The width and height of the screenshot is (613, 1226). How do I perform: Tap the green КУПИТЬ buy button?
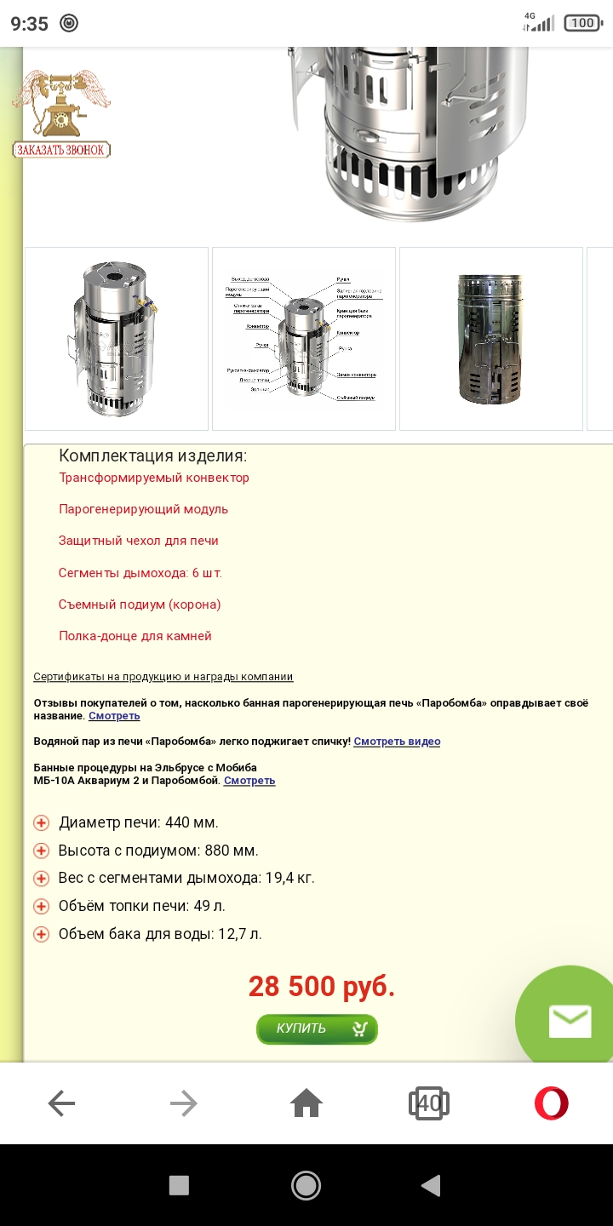coord(317,1028)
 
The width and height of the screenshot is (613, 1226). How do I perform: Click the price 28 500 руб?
coord(322,987)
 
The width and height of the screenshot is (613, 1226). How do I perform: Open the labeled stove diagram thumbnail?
coord(304,339)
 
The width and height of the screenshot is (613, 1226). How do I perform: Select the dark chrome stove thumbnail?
coord(490,339)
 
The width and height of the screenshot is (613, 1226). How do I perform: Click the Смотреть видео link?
coord(397,742)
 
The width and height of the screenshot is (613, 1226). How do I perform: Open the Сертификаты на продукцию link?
coord(163,677)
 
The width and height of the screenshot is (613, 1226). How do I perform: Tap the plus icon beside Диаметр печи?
coord(41,823)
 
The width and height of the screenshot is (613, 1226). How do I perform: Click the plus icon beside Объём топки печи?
coord(41,907)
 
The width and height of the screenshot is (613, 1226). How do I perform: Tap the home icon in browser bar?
coord(306,1104)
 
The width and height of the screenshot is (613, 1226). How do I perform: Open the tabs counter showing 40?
coord(429,1104)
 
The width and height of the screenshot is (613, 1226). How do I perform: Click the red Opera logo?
coord(551,1104)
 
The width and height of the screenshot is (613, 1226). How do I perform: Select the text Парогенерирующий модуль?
coord(143,509)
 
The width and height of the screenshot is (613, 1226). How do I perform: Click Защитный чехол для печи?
coord(139,541)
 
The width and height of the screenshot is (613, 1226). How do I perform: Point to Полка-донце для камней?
coord(135,636)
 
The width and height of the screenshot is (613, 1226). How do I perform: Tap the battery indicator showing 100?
coord(582,23)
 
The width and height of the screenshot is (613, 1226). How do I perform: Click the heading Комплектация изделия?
coord(152,455)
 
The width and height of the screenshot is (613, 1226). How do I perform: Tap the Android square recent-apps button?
coord(179,1185)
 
